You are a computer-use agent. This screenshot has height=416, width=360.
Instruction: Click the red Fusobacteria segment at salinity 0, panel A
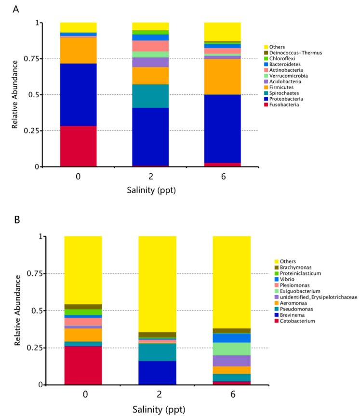click(x=78, y=146)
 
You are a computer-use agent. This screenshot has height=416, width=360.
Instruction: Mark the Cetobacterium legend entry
click(x=295, y=321)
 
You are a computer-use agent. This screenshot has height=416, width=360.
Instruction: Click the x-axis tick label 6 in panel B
click(x=232, y=395)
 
